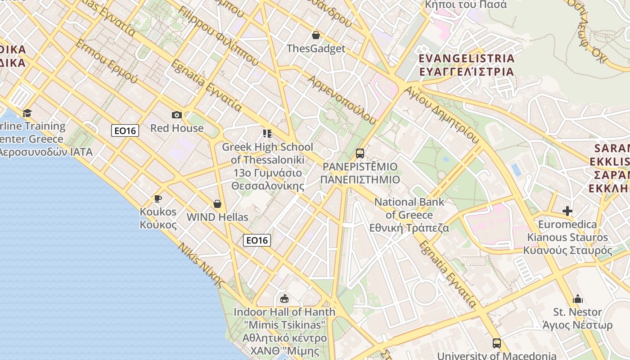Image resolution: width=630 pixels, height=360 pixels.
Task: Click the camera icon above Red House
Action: click(x=176, y=115)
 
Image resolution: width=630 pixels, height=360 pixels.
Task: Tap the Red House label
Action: click(x=177, y=128)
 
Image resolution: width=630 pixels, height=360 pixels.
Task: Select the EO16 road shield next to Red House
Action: click(x=125, y=130)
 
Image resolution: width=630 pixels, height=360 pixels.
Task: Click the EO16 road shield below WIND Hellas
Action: click(x=257, y=240)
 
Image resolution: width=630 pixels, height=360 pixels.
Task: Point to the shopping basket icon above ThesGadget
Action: click(x=316, y=35)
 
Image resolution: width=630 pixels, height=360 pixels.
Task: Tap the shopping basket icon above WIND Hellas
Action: click(x=217, y=204)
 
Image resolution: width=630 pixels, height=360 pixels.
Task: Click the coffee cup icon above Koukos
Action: click(x=157, y=198)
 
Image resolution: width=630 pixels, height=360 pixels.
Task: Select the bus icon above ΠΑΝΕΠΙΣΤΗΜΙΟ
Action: click(x=360, y=153)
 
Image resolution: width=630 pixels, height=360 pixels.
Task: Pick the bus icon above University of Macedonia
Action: click(x=496, y=343)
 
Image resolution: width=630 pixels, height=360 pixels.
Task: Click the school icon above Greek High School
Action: click(x=267, y=134)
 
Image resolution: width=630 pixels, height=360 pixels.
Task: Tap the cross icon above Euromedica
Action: click(x=567, y=211)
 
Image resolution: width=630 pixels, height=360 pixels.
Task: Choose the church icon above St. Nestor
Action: click(x=578, y=299)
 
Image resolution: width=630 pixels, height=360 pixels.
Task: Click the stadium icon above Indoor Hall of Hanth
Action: click(x=284, y=298)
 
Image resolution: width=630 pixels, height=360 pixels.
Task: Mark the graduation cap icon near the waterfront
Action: click(x=27, y=113)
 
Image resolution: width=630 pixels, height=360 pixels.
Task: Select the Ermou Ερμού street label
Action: click(x=107, y=61)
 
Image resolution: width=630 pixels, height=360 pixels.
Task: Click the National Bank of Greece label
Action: click(x=409, y=215)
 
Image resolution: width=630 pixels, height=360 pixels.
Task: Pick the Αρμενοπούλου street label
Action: click(x=342, y=99)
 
